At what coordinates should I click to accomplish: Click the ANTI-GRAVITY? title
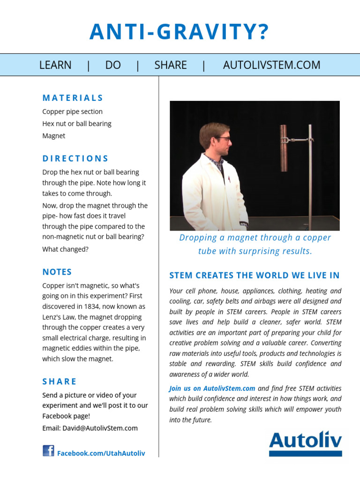tap(180, 32)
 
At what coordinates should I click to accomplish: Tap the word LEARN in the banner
tap(55, 65)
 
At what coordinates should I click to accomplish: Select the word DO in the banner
tap(113, 65)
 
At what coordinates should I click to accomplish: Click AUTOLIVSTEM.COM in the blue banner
tap(271, 65)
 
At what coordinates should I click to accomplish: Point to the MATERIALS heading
tap(73, 98)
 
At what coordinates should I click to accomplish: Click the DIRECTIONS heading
tap(75, 158)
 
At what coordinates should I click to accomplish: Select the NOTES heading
tap(57, 272)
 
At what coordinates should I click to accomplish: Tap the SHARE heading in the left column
tap(60, 382)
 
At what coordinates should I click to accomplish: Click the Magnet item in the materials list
tap(54, 136)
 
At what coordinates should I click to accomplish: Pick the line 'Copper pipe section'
tap(72, 112)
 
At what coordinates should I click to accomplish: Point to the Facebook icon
tap(48, 451)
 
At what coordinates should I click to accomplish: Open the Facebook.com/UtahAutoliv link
tap(101, 453)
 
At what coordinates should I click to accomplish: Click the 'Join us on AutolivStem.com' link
tap(212, 388)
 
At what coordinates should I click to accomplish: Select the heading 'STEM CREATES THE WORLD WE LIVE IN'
tap(255, 275)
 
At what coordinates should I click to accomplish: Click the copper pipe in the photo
tap(284, 148)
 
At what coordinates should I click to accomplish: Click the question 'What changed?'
tap(65, 249)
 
